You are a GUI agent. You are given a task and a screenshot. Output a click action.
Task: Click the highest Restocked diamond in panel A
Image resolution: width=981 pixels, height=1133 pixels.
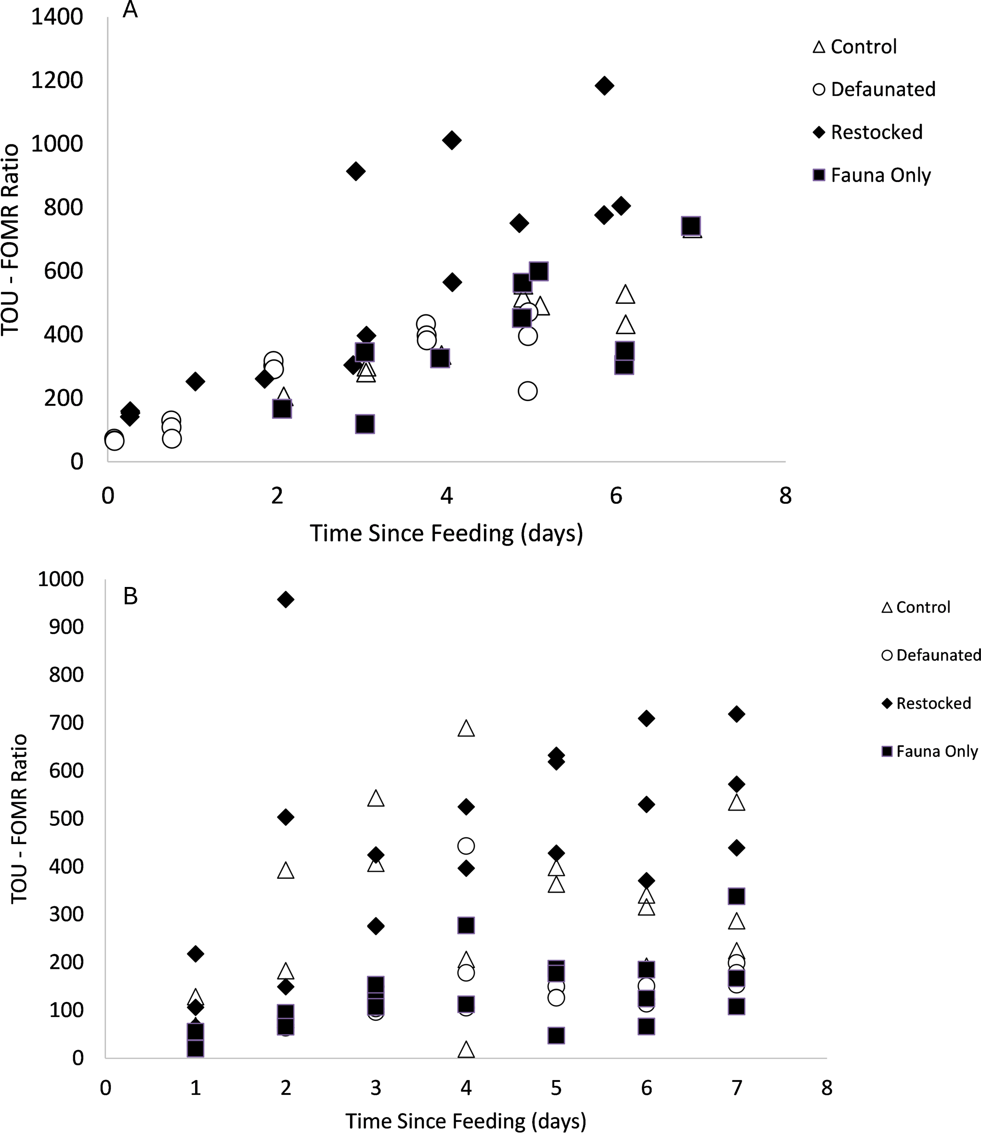604,85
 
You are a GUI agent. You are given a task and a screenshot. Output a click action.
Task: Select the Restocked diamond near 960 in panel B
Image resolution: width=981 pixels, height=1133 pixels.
285,599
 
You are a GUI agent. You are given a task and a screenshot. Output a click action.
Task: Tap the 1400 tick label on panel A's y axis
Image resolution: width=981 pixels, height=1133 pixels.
57,16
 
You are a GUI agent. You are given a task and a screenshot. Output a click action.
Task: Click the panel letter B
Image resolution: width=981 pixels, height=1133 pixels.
131,596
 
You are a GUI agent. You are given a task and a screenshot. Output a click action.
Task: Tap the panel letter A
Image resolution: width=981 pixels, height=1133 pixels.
130,10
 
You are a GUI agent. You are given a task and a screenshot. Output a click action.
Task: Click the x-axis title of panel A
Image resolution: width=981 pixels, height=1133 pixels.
446,533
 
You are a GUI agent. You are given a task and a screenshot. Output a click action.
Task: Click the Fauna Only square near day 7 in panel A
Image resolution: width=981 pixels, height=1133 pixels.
692,225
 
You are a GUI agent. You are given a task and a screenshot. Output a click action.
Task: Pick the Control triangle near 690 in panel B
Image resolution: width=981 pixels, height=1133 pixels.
466,728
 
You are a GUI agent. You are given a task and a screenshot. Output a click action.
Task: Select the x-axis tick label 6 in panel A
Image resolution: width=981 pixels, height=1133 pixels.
616,496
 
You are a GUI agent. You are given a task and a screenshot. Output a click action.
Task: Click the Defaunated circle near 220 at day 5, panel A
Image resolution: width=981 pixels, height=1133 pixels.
527,391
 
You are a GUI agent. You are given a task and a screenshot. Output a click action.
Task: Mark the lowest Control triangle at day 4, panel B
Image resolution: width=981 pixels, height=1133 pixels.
466,1049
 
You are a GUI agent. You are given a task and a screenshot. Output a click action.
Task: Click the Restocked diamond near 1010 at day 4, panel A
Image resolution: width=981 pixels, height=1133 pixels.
451,140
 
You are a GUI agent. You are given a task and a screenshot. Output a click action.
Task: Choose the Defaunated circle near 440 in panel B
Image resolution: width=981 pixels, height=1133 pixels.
466,846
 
